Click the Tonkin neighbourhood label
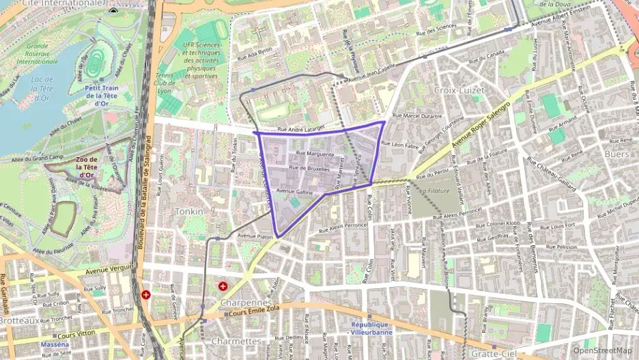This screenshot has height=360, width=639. (x=189, y=211)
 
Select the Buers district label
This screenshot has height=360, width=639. (x=597, y=154)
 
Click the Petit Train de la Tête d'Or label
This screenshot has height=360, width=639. (x=101, y=96)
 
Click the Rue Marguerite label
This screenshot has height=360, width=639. (x=315, y=154)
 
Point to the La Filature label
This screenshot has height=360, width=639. (x=435, y=191)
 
